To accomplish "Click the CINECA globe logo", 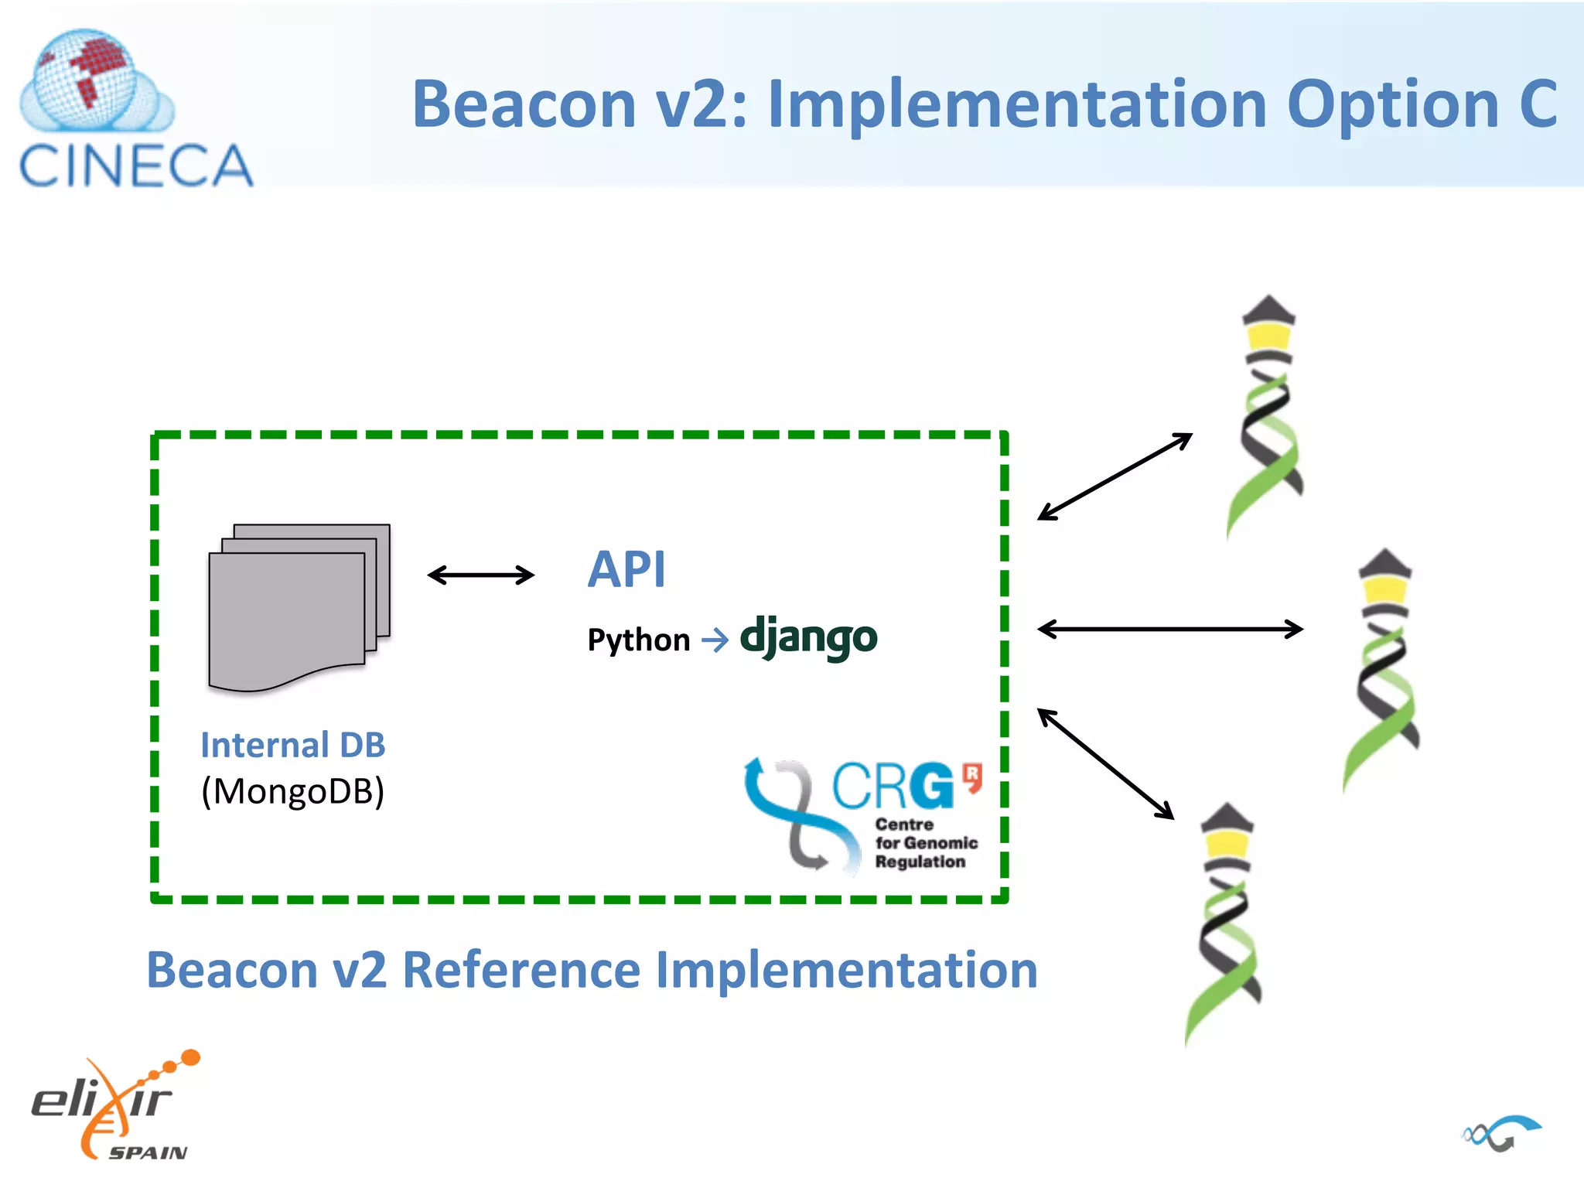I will (89, 81).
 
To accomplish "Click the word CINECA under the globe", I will (136, 166).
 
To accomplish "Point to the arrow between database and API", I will (480, 575).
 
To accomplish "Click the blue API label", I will (626, 569).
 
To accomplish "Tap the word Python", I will (638, 640).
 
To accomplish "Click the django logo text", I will (808, 637).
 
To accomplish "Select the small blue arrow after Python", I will (715, 640).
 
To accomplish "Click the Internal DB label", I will (292, 745).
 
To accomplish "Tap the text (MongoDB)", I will (292, 791).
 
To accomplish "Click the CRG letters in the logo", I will (893, 787).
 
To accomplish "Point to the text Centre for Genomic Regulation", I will (925, 843).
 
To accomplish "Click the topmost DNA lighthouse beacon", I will (1266, 418).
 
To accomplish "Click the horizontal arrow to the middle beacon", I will (1169, 629).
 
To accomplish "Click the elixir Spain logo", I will (116, 1106).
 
